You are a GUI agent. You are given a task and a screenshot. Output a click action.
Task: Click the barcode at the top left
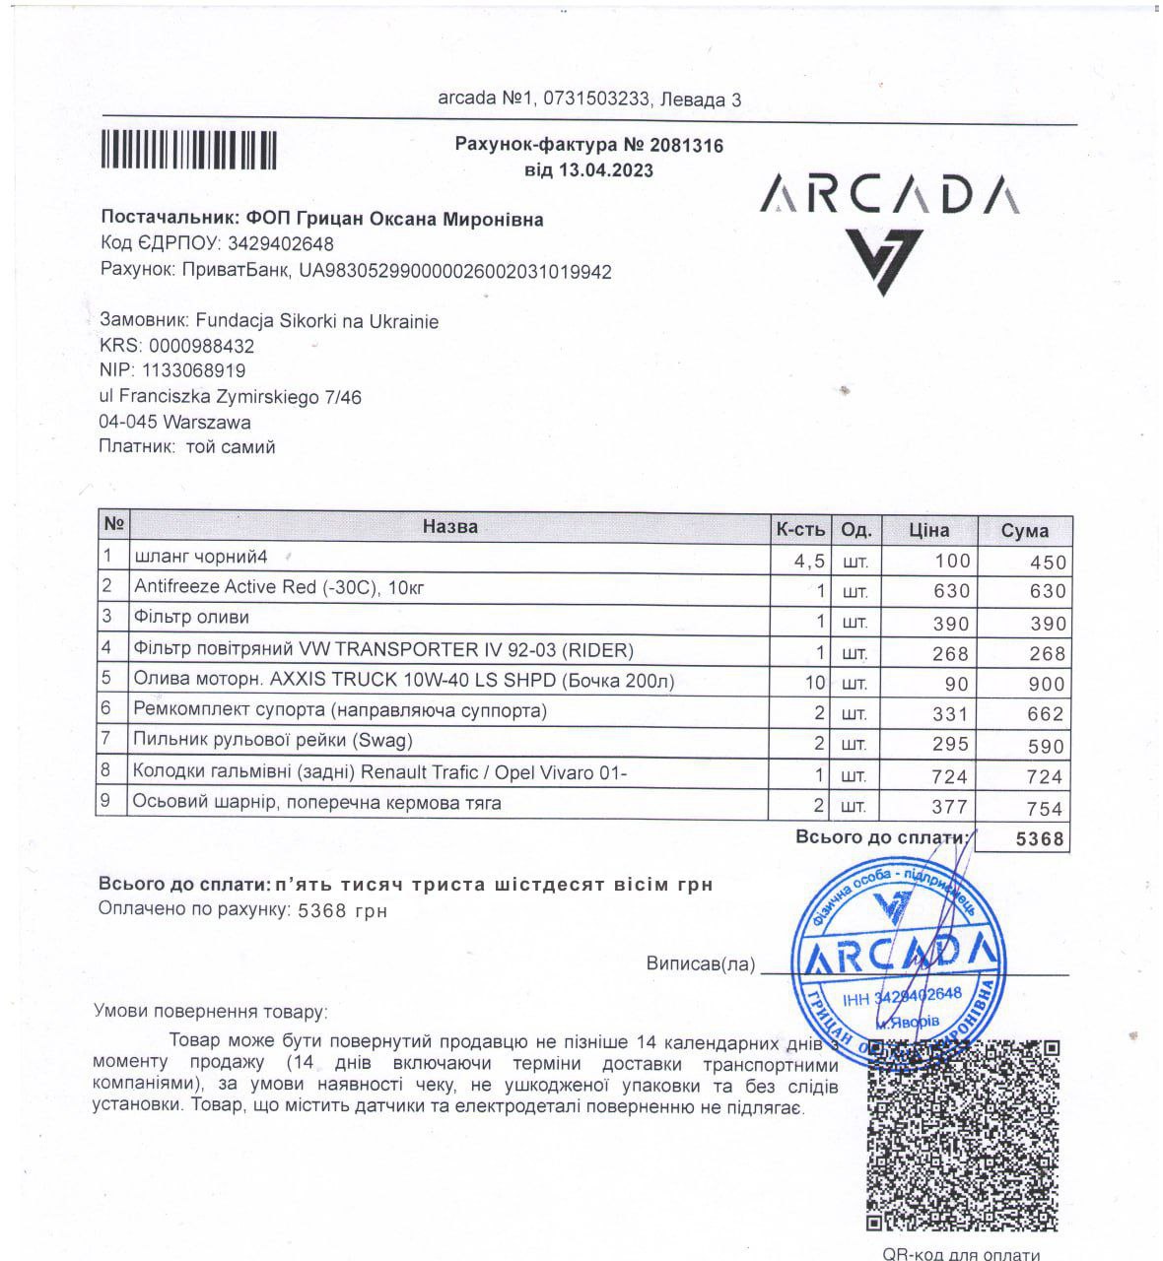188,151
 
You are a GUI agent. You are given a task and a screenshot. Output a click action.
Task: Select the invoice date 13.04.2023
605,170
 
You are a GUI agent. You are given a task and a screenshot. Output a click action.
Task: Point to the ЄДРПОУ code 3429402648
281,243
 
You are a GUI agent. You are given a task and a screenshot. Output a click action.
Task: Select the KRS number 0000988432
201,346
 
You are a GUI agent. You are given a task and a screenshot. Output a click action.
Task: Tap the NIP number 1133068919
193,370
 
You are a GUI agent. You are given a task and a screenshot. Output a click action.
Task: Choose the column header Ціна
928,530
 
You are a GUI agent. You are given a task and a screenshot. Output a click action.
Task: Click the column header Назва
449,527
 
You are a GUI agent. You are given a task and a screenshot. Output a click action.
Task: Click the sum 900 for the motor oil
1046,684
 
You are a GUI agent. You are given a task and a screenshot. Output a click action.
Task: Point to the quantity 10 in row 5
813,683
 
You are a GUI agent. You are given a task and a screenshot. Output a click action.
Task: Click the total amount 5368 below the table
1040,838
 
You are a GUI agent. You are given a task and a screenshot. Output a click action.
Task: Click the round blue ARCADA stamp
895,956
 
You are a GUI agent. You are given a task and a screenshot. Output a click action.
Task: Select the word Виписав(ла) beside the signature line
701,964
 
